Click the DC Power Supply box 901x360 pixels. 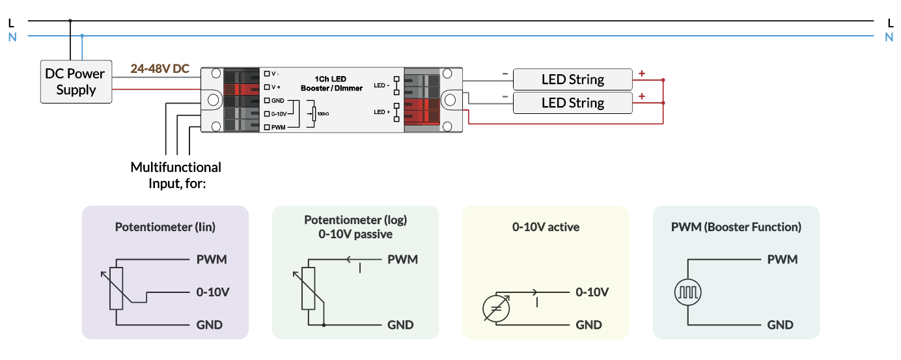(76, 82)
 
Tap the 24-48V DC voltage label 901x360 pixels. (159, 68)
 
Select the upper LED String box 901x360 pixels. (572, 79)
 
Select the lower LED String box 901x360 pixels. (572, 103)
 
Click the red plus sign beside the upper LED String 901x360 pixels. (642, 74)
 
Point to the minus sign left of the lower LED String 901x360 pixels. (505, 97)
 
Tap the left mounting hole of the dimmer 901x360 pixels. (213, 100)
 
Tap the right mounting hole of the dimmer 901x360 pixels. (450, 100)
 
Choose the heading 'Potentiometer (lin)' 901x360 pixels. (165, 227)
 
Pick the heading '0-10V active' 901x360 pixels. (546, 227)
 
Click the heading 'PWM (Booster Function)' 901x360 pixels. (736, 227)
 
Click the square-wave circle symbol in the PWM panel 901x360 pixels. (687, 292)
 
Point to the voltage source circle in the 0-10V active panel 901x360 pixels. (495, 309)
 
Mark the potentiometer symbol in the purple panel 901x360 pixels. (117, 288)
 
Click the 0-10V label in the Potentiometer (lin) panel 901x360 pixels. (213, 292)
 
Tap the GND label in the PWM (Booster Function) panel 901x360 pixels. (780, 325)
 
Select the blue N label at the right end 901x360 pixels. (889, 37)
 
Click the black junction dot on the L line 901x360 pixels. (70, 21)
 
